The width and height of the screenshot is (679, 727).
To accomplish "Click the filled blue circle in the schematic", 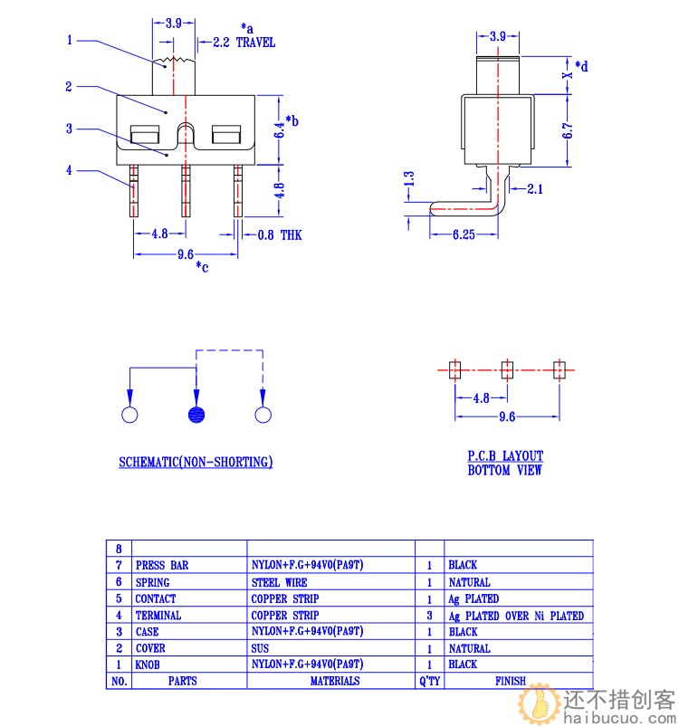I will (196, 415).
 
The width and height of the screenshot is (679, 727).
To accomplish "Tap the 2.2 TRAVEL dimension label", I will (244, 43).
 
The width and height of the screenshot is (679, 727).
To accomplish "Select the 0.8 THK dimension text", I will (279, 235).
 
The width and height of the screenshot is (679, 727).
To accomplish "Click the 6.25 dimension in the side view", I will (464, 234).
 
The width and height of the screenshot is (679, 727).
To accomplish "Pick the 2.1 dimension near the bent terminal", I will (534, 188).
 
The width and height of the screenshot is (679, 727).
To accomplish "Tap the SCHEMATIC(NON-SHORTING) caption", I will (196, 463).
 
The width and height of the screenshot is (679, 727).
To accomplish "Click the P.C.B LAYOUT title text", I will (505, 456).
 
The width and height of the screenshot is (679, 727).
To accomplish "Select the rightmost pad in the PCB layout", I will (559, 369).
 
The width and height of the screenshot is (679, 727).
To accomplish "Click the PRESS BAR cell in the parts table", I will (162, 565).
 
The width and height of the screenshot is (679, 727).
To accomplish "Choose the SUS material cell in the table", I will (261, 648).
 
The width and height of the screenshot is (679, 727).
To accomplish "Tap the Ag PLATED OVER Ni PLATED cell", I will (516, 616).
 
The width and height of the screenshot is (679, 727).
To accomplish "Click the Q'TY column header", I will (429, 681).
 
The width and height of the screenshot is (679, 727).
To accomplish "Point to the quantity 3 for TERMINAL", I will (429, 616).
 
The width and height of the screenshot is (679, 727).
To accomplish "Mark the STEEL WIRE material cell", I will (279, 582).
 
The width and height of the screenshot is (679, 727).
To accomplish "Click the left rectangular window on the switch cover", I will (145, 137).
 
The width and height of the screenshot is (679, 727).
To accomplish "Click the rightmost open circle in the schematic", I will (263, 415).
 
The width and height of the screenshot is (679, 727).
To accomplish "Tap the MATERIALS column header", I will (334, 681).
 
